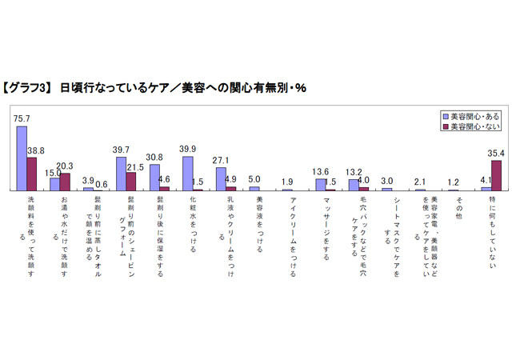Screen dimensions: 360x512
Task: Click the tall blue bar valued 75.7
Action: coord(21,158)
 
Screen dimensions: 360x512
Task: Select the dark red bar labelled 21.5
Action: coord(131,181)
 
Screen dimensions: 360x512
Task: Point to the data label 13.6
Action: coord(320,172)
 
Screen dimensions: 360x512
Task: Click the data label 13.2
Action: coord(353,173)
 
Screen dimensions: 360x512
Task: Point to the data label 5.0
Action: coord(254,180)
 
